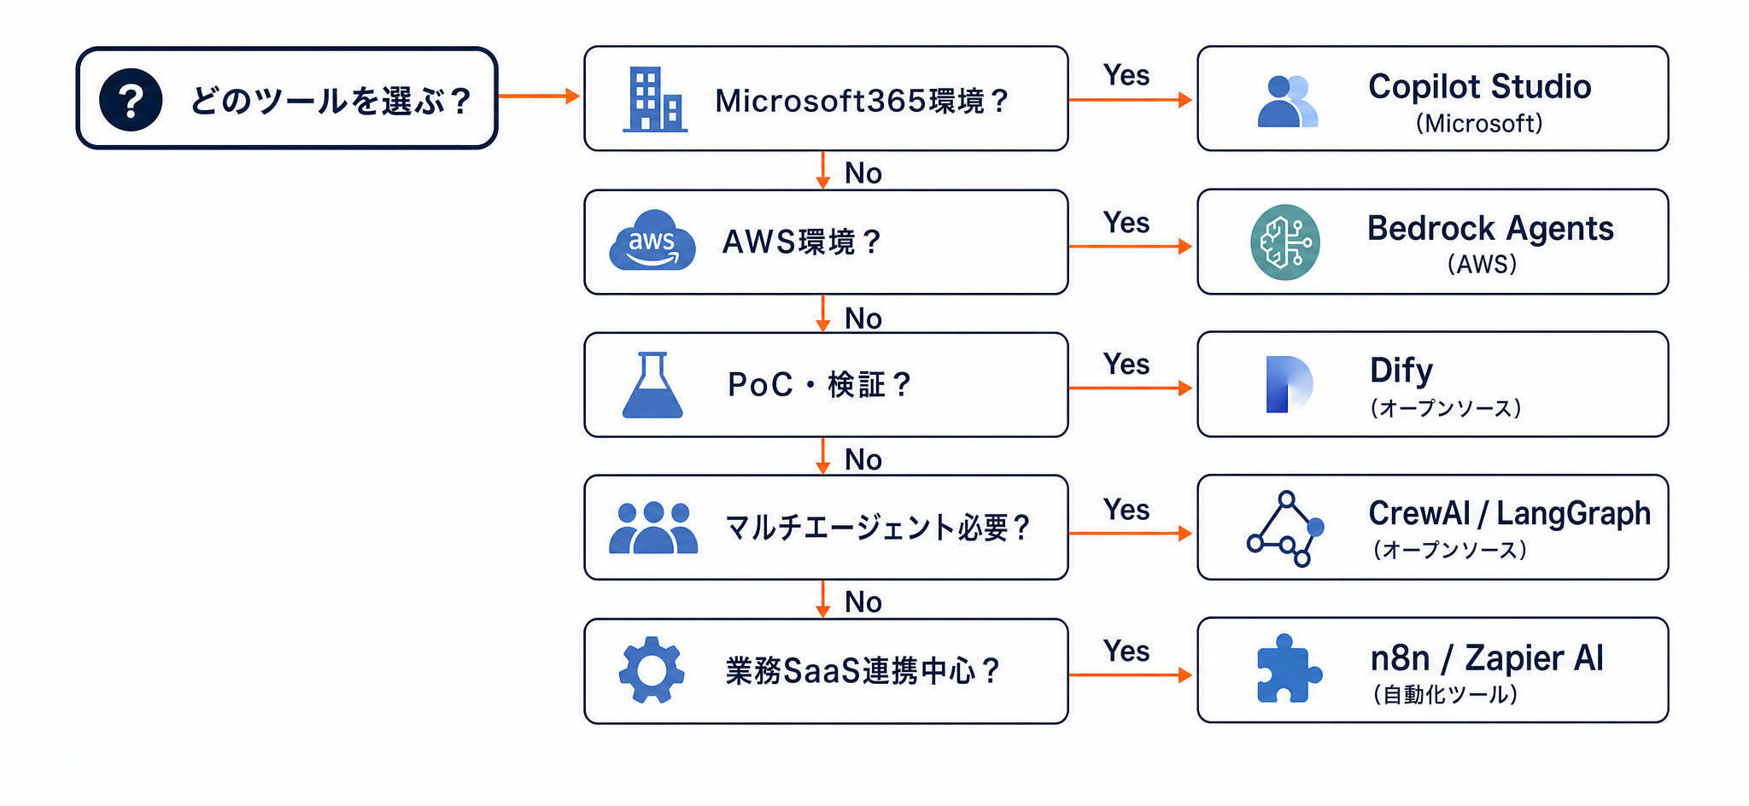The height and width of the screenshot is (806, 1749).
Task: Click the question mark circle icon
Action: pos(131,100)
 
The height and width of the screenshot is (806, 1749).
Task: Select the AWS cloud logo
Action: pos(652,240)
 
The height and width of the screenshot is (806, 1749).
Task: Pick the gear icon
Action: pos(652,669)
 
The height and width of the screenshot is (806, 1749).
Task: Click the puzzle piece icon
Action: pos(1289,669)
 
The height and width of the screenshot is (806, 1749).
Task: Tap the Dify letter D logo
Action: pos(1289,384)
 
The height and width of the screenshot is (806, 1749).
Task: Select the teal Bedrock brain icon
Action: pos(1285,242)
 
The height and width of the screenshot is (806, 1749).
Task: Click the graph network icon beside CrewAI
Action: pos(1285,529)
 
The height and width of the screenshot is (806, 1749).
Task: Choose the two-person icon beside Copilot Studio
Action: pos(1288,101)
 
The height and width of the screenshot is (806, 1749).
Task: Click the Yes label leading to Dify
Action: pos(1126,365)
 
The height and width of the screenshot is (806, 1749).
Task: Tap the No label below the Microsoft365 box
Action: pos(863,173)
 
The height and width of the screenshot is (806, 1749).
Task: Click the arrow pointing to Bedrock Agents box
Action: pos(1130,246)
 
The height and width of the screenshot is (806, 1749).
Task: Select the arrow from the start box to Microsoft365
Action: pos(539,96)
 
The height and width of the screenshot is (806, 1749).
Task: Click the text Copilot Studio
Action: pos(1479,87)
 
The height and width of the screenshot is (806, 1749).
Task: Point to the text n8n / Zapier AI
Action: pos(1487,658)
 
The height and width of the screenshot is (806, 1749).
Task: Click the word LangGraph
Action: pos(1573,513)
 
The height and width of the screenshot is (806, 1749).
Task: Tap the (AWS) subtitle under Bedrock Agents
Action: pos(1483,264)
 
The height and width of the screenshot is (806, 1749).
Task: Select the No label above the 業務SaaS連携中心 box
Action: pos(863,602)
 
